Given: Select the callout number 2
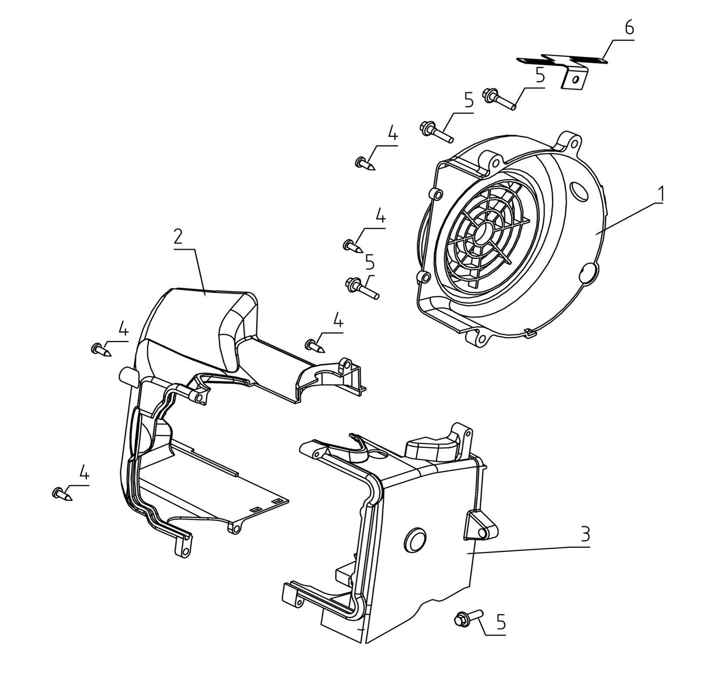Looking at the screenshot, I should tap(178, 237).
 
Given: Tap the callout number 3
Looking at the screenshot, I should tap(585, 534).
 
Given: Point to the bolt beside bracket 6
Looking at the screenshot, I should tap(499, 99).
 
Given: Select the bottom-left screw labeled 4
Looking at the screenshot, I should tap(63, 494).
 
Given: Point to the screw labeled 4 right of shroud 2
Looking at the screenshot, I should tap(315, 346).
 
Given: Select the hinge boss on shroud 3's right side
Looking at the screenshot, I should tap(482, 531).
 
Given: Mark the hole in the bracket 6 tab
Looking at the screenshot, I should tap(575, 79).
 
